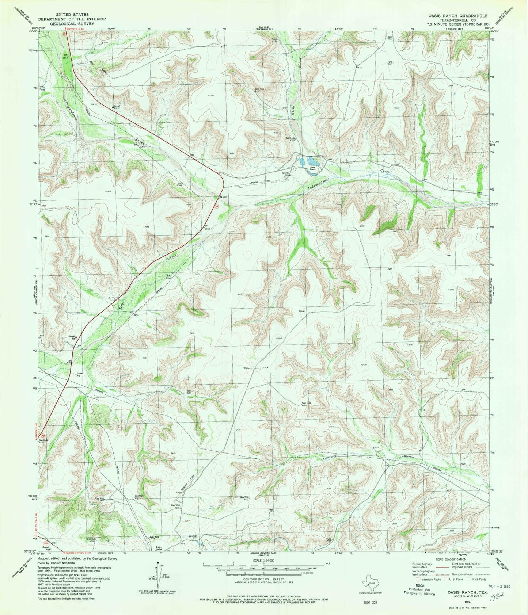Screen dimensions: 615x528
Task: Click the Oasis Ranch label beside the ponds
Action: tap(312, 169)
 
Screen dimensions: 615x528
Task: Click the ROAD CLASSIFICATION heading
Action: tap(450, 559)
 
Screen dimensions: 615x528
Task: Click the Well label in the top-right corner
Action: tap(390, 37)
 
